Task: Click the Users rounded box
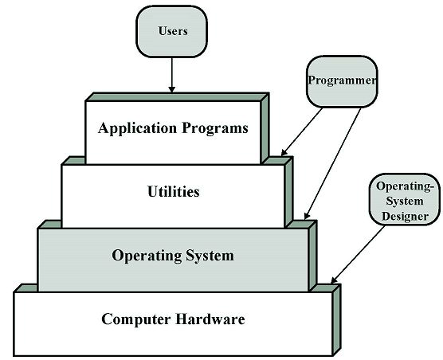[172, 31]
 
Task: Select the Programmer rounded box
[342, 81]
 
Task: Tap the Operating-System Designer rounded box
[405, 200]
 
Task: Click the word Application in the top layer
[137, 128]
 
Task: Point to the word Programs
[214, 128]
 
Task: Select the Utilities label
[174, 191]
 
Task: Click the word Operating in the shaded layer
[147, 256]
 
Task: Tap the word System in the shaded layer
[210, 256]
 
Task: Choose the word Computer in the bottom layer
[136, 319]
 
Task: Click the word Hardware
[210, 319]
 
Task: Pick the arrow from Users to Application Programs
[171, 75]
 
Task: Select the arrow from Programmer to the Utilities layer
[302, 132]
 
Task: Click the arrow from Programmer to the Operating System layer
[332, 164]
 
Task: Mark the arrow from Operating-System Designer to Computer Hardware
[358, 254]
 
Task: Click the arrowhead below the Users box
[171, 89]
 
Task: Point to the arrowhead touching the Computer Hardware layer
[334, 280]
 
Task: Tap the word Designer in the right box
[405, 217]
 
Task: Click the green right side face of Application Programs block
[265, 128]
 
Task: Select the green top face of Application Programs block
[177, 97]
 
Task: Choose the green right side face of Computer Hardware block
[336, 320]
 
